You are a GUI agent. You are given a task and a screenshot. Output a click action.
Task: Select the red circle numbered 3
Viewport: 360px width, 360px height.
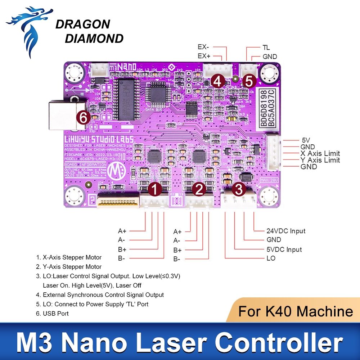pyautogui.click(x=239, y=188)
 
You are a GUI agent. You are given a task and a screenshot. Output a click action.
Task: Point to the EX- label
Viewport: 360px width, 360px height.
pyautogui.click(x=204, y=47)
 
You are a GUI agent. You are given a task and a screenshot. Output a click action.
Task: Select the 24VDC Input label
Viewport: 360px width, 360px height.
pyautogui.click(x=286, y=231)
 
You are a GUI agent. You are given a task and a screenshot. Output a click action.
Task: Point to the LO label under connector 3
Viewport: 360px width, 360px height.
pyautogui.click(x=271, y=258)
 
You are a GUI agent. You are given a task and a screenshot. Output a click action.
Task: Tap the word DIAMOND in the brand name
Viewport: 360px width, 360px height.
pyautogui.click(x=94, y=38)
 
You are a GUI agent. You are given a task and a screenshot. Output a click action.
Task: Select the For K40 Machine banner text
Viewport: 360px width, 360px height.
pyautogui.click(x=295, y=311)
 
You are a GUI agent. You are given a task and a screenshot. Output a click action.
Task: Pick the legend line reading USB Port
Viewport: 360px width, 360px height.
pyautogui.click(x=55, y=314)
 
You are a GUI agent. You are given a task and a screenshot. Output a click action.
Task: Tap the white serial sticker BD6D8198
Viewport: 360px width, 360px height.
pyautogui.click(x=266, y=105)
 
